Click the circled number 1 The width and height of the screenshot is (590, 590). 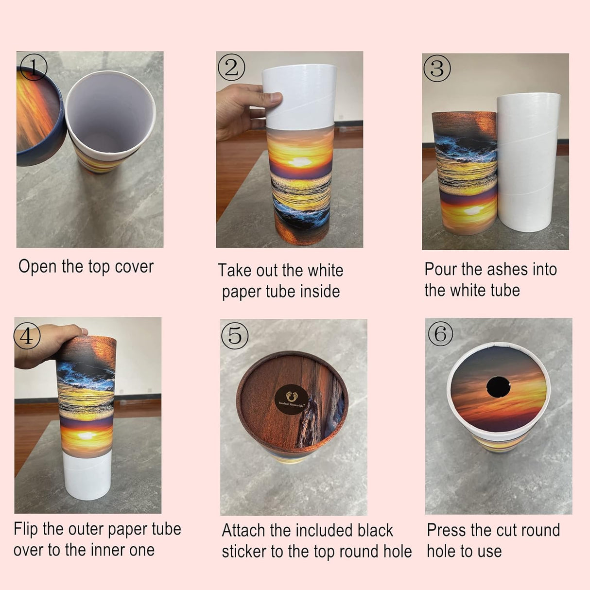[33, 68]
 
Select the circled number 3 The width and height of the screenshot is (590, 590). [437, 69]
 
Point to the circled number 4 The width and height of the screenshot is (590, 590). [27, 335]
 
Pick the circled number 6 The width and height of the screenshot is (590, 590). [440, 334]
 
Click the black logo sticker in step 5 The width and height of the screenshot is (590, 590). [292, 399]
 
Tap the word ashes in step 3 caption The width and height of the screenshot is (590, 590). [508, 269]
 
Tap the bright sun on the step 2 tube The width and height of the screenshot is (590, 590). [299, 162]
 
